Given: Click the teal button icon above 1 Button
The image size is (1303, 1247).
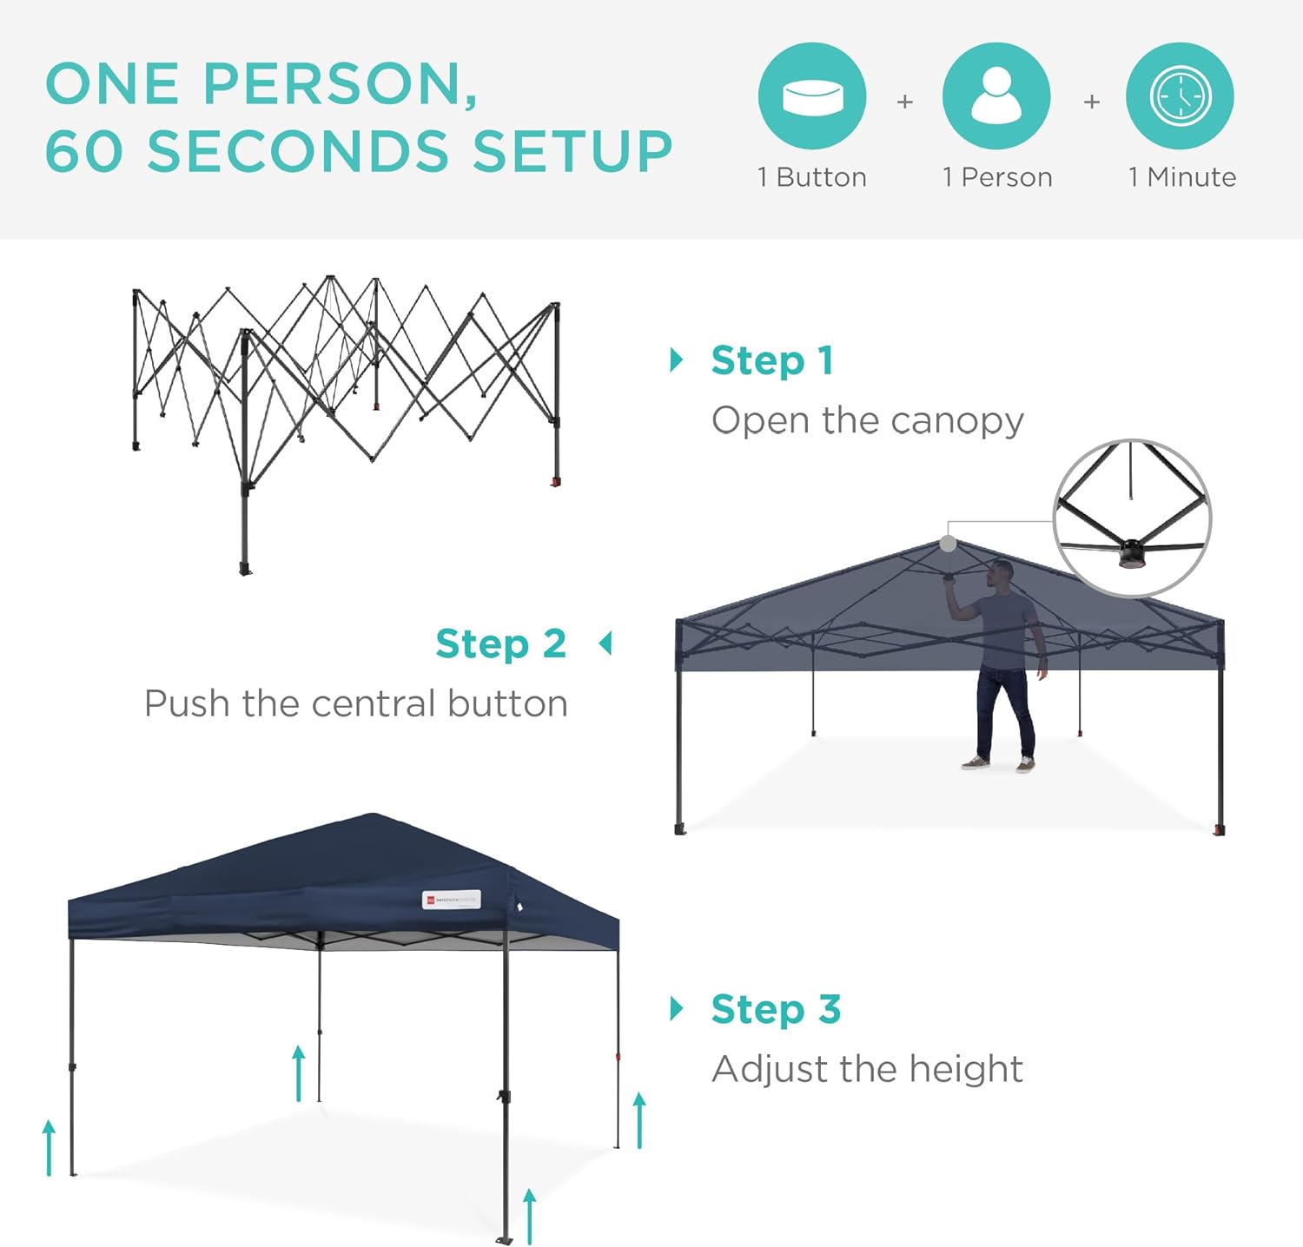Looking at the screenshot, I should coord(812,96).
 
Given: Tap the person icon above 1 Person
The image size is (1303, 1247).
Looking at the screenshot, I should coord(996,96).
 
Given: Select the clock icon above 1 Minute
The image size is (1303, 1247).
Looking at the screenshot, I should coord(1180,96).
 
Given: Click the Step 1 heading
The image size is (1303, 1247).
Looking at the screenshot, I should coord(772,360).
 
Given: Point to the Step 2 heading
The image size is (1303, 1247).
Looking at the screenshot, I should coord(500,644).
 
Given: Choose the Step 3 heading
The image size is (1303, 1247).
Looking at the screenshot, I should coord(776,1009).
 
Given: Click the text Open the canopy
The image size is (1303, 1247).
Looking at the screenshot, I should coord(867,420).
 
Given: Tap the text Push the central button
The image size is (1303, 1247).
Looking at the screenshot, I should coord(356,703).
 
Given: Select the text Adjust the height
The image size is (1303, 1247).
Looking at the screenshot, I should coord(867,1069).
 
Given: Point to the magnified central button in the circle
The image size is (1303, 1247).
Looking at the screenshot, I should coord(1132,553).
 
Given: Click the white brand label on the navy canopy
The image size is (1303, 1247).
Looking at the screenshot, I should coord(451,900).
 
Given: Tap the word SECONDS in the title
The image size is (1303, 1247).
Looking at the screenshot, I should coord(298,151).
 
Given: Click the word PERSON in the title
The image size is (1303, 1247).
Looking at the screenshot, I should coord(340,84).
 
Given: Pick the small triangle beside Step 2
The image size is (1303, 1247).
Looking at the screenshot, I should coord(605,643).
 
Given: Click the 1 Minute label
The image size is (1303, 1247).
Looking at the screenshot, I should coord(1181,177).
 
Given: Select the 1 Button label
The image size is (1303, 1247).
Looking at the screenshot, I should coord(812,177).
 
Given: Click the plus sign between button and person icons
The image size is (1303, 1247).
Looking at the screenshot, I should coord(904,102).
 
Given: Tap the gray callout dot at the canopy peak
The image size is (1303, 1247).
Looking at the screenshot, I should coord(948,544).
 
